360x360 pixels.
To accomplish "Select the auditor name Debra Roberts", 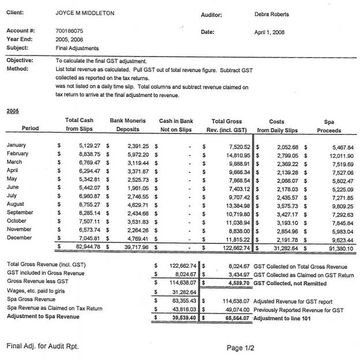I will [271, 14].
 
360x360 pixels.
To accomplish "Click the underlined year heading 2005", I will [12, 110].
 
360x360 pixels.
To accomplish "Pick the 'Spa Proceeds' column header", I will [329, 126].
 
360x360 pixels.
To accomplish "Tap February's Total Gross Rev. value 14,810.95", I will [234, 155].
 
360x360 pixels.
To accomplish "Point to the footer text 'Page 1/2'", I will [241, 348].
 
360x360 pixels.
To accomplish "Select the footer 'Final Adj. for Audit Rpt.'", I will [42, 346].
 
